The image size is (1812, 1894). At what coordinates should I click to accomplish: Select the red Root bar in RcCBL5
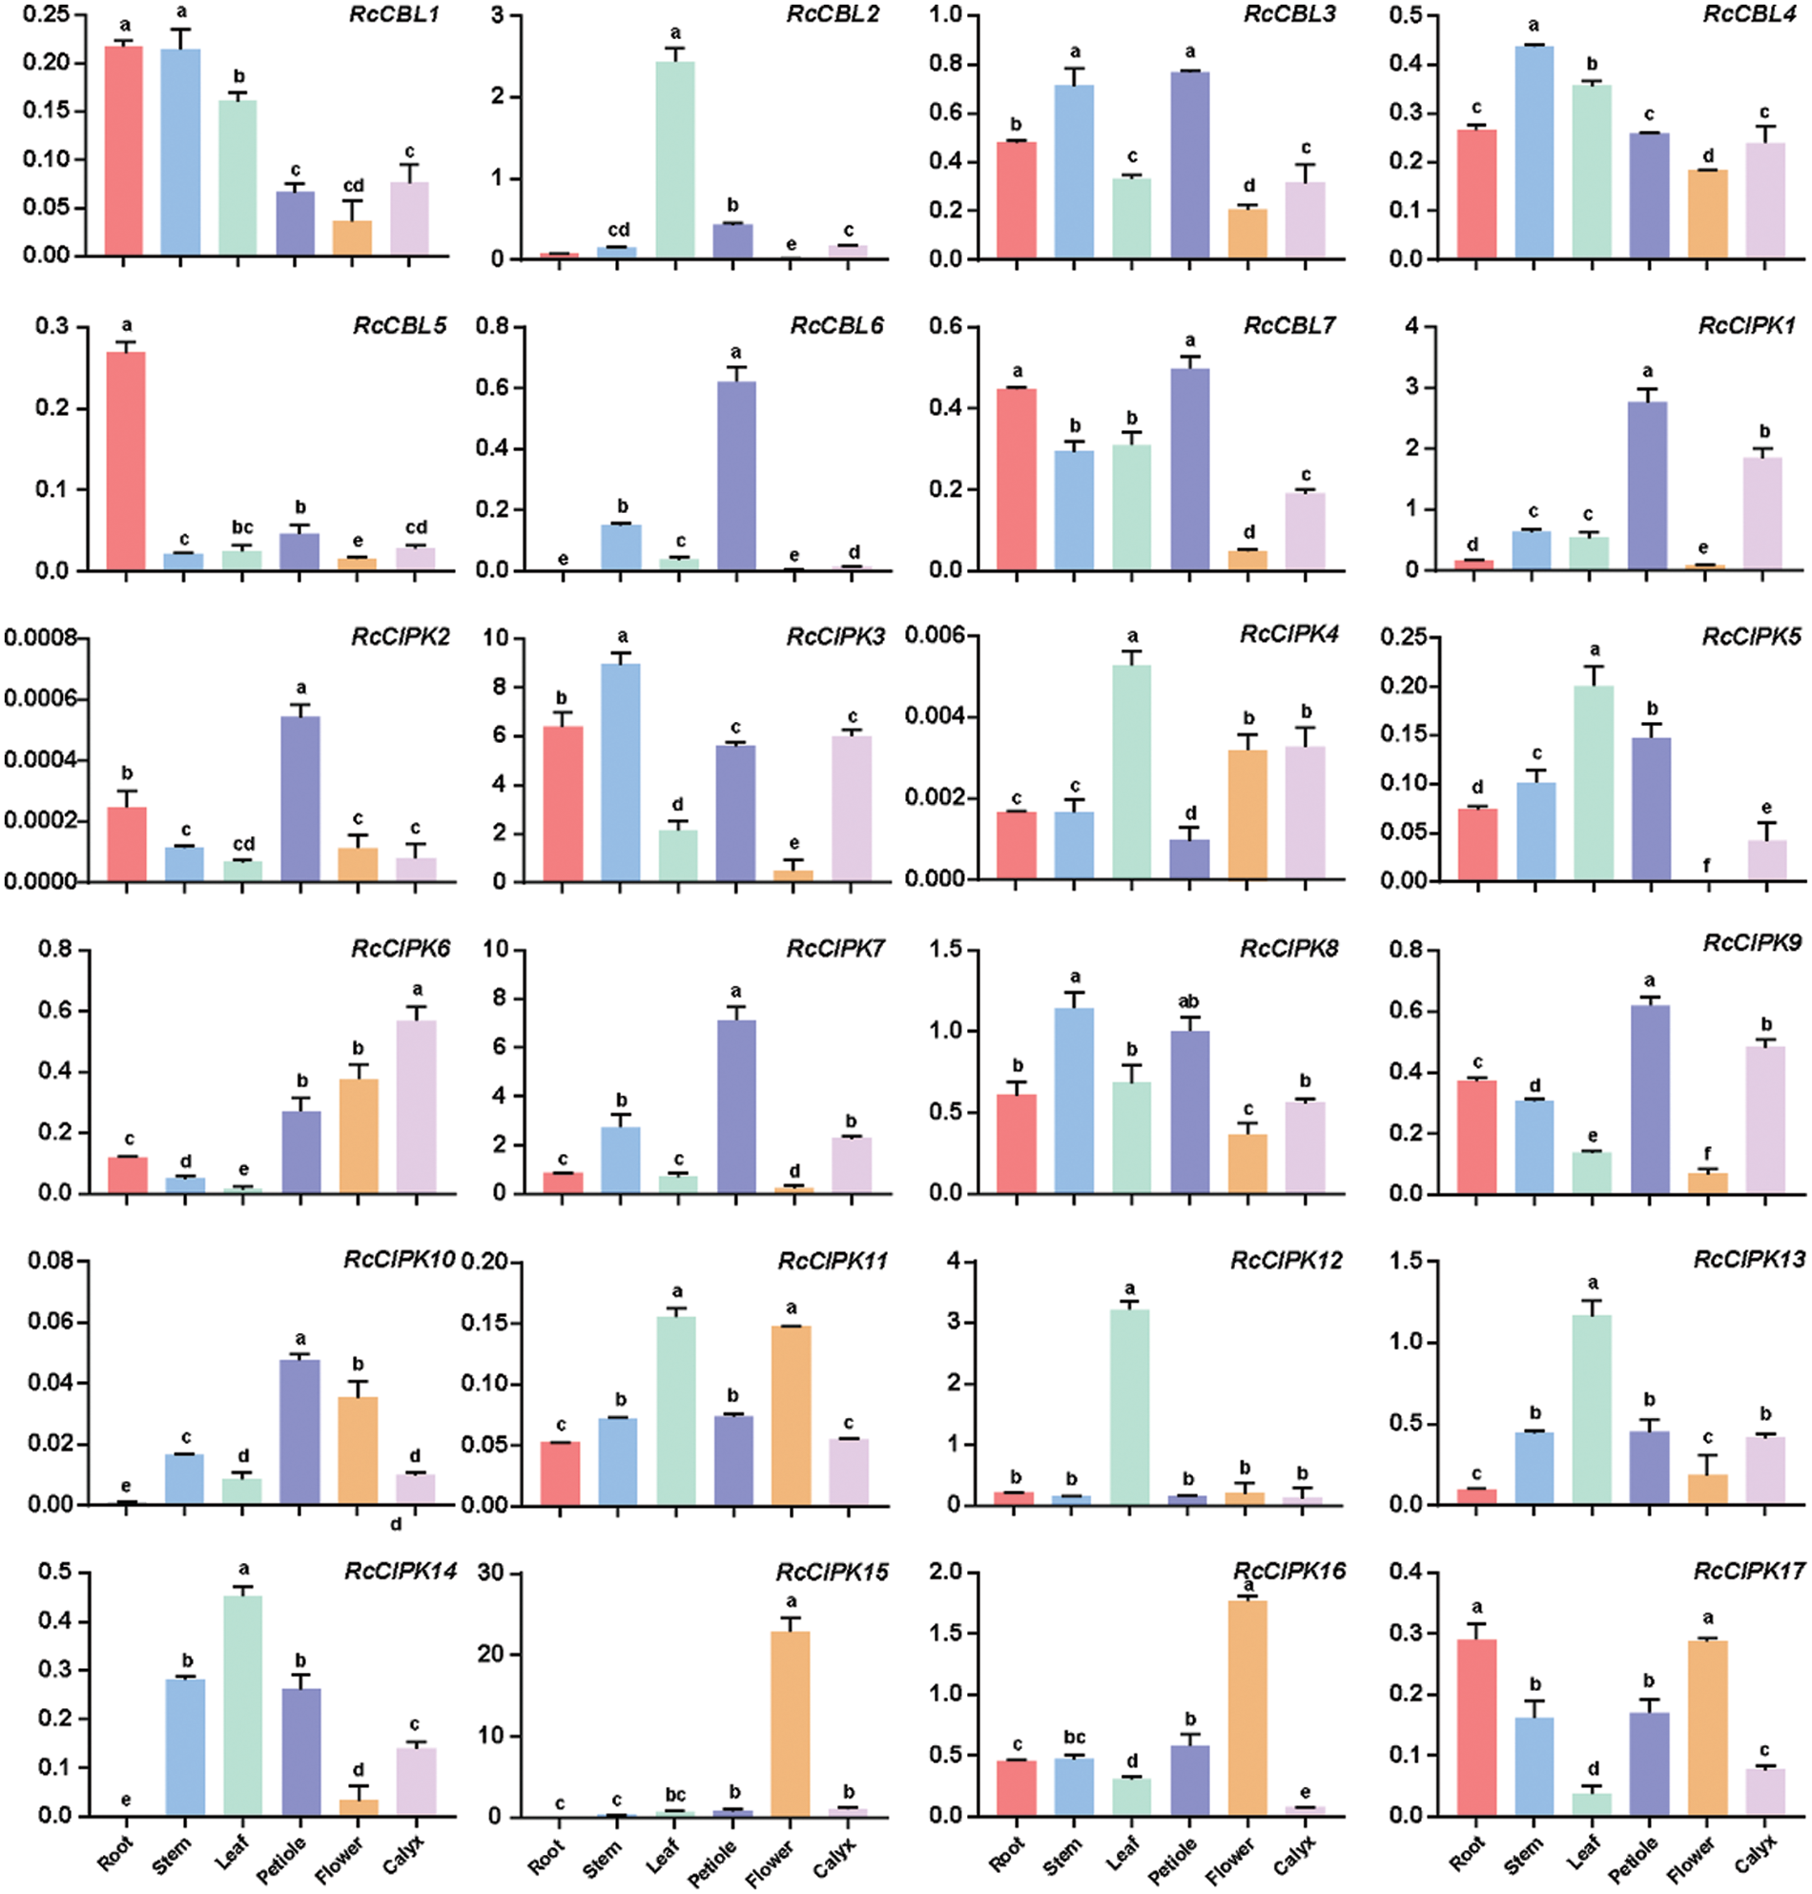(x=126, y=461)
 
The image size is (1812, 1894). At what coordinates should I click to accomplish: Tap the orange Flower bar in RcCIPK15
(x=790, y=1724)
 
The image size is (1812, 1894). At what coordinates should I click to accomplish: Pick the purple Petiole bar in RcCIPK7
(x=736, y=1106)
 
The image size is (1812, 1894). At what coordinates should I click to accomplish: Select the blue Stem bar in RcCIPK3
(x=621, y=772)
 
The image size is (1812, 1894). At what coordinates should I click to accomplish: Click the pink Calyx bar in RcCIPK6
(x=417, y=1106)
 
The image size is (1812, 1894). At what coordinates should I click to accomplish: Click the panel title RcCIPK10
(x=399, y=1261)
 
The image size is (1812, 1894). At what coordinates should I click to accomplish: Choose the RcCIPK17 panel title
(x=1748, y=1573)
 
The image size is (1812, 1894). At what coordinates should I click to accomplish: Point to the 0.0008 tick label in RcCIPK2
(x=41, y=637)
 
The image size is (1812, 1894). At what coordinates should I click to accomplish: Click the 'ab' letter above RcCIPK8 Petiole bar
(x=1189, y=1001)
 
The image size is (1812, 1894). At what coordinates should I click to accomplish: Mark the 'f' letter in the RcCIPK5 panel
(x=1707, y=865)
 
